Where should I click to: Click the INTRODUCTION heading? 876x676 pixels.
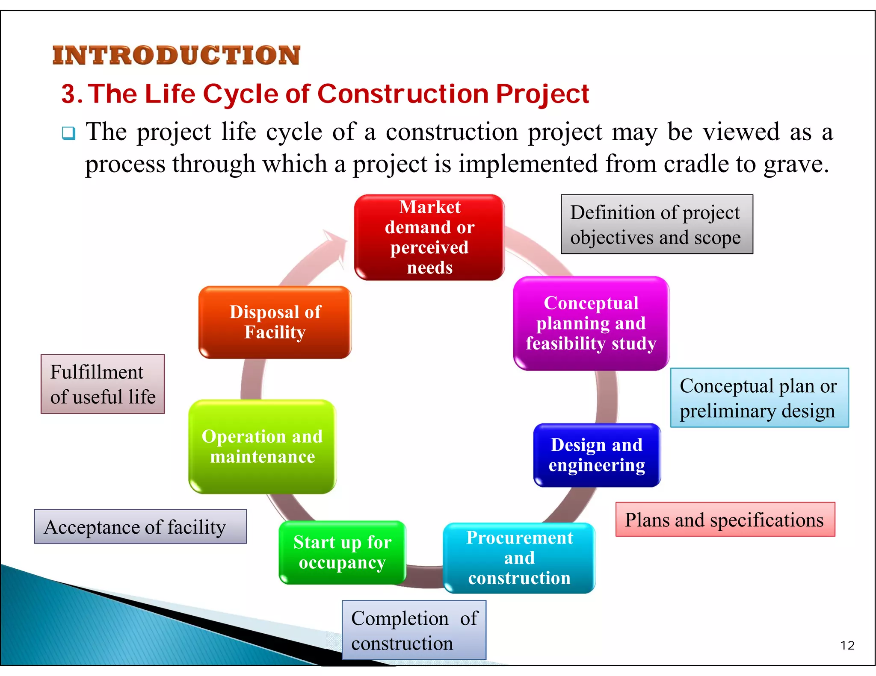[176, 56]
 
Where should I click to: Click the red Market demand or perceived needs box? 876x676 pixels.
[429, 238]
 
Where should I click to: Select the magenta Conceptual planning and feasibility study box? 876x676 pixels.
[591, 323]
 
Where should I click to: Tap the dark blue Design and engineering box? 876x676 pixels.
[597, 455]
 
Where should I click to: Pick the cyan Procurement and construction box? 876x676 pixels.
[519, 558]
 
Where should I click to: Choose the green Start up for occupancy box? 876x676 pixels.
[342, 553]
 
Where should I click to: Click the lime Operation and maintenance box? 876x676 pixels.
[262, 447]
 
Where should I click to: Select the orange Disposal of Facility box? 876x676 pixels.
[275, 322]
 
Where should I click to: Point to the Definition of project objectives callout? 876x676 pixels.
[657, 224]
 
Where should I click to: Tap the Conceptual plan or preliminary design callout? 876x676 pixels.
[759, 398]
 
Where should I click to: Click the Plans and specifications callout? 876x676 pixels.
[725, 520]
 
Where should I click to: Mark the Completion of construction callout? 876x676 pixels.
[414, 630]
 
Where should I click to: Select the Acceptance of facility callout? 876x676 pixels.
[140, 526]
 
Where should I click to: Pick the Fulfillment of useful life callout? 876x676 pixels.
[103, 384]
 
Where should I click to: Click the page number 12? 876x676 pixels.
[847, 645]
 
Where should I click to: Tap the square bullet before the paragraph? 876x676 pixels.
[68, 133]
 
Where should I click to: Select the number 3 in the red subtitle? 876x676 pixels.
[70, 94]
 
